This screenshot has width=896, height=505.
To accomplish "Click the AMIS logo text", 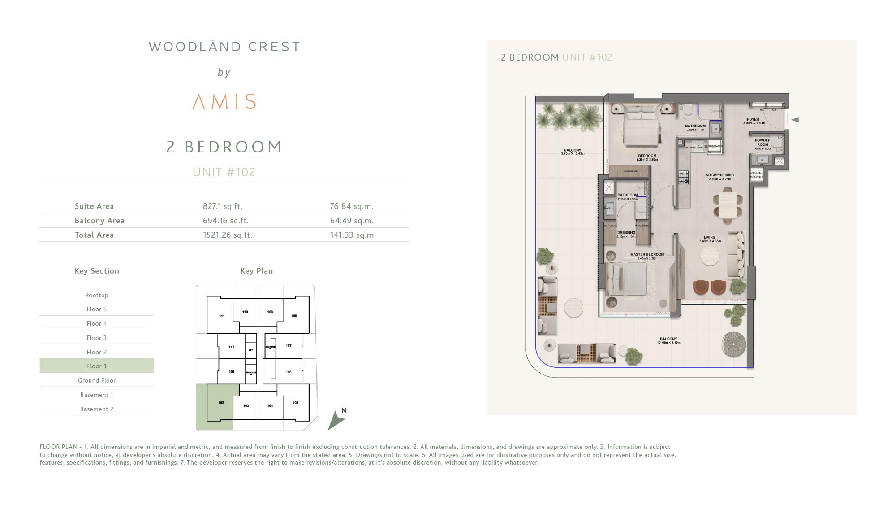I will point(224,101).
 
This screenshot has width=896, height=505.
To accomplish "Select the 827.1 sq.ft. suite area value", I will point(222,206).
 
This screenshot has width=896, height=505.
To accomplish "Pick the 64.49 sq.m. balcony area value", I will point(352,221).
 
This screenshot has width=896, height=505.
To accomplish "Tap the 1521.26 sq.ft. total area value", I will point(227,235).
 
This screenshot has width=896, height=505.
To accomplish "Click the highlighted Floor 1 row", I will point(97,366).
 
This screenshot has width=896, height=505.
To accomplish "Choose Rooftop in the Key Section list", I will point(97,295).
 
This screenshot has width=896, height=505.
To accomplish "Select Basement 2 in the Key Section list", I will point(97,409).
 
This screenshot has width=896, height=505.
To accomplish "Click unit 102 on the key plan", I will point(221,403).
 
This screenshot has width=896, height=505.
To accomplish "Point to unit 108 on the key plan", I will point(294,316).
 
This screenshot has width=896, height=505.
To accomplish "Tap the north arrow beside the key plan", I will point(336,420).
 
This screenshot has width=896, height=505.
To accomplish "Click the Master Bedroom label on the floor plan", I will point(647,254).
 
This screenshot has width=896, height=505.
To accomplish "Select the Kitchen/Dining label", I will point(719,175).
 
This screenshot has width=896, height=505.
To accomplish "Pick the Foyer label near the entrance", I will point(753,120).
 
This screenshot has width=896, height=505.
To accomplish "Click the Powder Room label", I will point(762,142).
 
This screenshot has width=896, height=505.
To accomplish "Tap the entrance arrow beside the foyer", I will point(795,120).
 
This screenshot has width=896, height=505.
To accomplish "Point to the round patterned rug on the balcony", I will point(733,344).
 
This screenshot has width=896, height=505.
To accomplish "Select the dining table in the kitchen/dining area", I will point(727,205).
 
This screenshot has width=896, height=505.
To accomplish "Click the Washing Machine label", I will point(756,175).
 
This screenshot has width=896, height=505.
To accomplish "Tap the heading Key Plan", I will point(256,271).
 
